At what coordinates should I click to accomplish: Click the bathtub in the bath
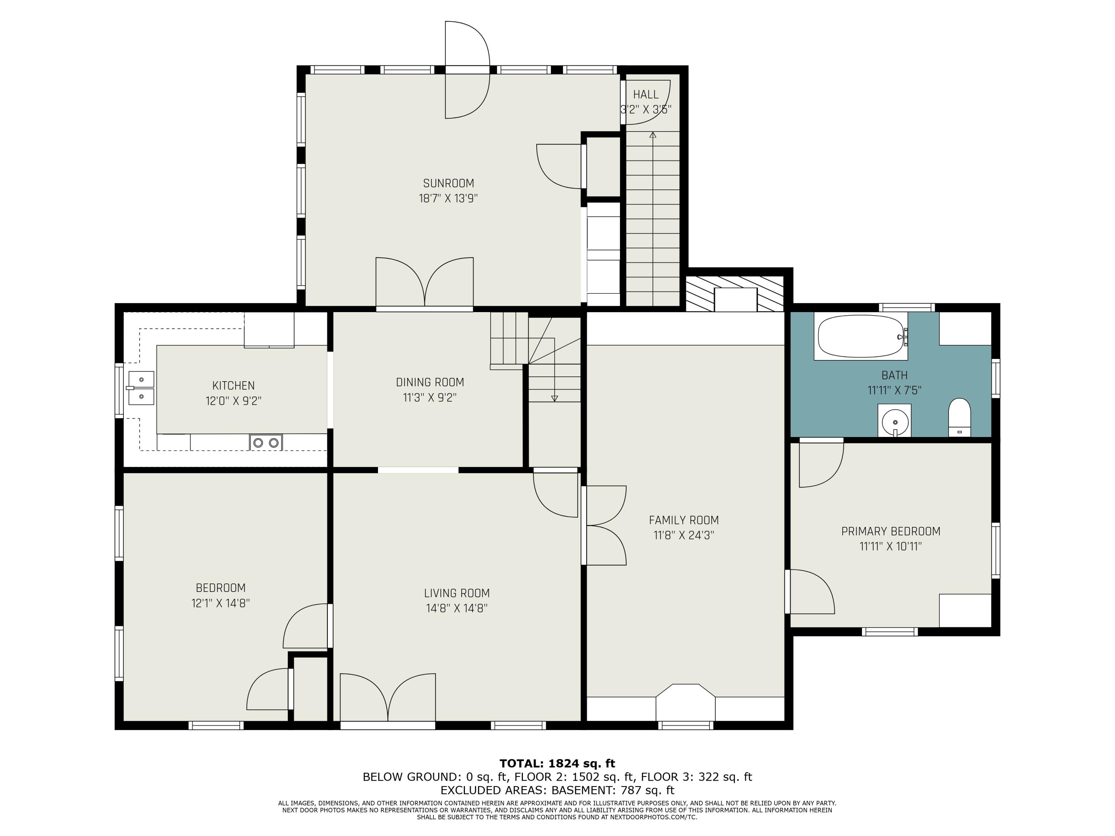860,336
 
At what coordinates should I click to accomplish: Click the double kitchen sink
140,388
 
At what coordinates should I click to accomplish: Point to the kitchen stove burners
266,443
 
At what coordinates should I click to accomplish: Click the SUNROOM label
449,184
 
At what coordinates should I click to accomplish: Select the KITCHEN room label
233,386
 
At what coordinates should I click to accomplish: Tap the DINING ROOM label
430,382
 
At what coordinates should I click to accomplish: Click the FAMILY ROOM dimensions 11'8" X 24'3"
684,535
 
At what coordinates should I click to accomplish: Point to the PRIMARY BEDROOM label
891,531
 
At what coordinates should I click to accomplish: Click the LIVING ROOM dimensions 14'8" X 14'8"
457,608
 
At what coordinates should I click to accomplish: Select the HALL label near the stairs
646,94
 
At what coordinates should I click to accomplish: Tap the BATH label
895,375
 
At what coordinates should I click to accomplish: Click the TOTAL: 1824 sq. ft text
557,764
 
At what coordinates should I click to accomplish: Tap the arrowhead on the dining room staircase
555,398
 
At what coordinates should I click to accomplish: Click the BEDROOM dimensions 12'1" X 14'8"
220,603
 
